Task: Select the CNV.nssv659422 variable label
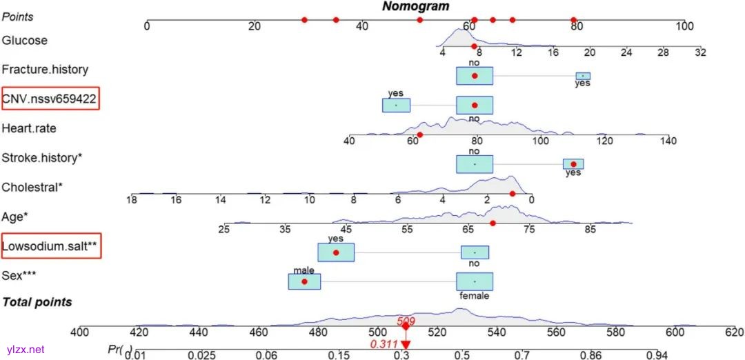(50, 99)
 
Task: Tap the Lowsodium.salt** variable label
(51, 246)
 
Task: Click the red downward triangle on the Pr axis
(406, 343)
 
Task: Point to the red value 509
(405, 321)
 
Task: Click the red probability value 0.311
(383, 343)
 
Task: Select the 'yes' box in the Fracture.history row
(583, 76)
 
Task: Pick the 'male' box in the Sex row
(304, 281)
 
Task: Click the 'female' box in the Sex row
(475, 281)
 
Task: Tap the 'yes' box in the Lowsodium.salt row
(336, 252)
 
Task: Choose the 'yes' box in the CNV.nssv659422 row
(397, 105)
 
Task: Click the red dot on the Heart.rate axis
(419, 134)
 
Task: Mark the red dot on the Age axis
(493, 223)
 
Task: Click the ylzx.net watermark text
(25, 350)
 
